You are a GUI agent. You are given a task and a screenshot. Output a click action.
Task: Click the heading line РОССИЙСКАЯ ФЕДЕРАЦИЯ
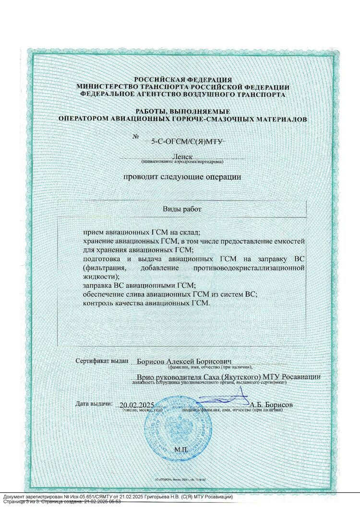(x=183, y=80)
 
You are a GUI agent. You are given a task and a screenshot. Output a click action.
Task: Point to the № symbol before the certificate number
(x=135, y=137)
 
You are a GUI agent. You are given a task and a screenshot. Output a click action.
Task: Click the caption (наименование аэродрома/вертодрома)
(x=182, y=162)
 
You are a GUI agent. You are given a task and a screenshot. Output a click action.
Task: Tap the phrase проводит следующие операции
(x=182, y=177)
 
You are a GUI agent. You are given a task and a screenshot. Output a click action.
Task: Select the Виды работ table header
(x=182, y=210)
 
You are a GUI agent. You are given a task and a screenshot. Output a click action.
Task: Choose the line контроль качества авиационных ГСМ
(x=147, y=304)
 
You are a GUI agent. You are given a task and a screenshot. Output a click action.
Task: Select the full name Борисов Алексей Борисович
(x=184, y=361)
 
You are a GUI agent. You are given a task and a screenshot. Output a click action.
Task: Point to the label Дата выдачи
(x=94, y=403)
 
